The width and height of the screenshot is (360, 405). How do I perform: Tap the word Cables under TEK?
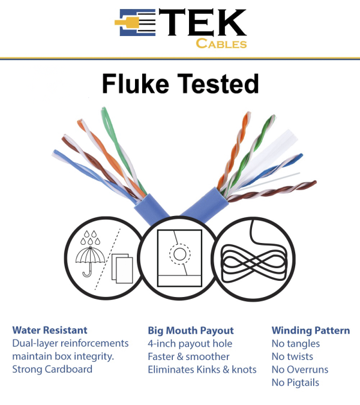[x=221, y=43]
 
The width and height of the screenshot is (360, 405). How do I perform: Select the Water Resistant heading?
[x=50, y=330]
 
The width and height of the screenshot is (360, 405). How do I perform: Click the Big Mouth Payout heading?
[x=191, y=330]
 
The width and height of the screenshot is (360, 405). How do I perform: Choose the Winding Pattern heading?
[x=310, y=330]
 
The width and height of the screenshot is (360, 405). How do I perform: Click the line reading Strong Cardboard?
[x=52, y=369]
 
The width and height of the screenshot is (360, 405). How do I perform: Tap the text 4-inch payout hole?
[x=190, y=343]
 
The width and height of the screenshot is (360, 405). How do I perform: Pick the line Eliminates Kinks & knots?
[x=202, y=369]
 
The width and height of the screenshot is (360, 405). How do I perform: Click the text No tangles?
[x=296, y=343]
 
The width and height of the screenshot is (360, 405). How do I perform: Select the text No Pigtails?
[x=295, y=382]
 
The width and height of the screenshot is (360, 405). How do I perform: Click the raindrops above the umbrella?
[x=90, y=239]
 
